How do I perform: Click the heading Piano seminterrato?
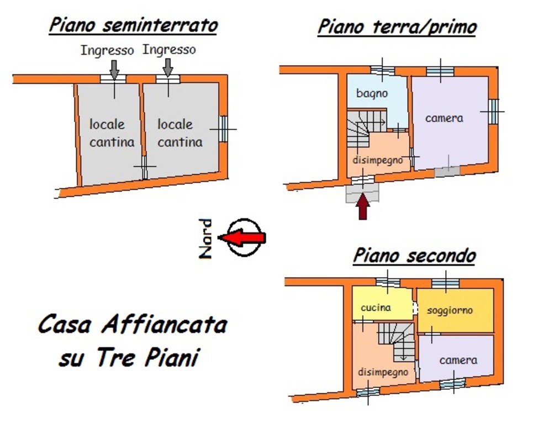click(x=133, y=26)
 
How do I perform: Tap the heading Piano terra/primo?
click(x=397, y=26)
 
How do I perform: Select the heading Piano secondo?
click(x=414, y=256)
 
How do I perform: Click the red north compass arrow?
click(x=242, y=237)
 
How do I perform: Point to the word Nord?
click(x=205, y=239)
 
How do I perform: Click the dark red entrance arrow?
click(x=363, y=206)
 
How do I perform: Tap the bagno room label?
click(x=372, y=93)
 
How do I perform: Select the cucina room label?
click(x=376, y=308)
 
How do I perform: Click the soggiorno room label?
click(x=450, y=310)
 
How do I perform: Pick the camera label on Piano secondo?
click(x=458, y=360)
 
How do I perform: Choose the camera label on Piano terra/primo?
click(x=444, y=118)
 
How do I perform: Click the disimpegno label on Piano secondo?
click(x=383, y=372)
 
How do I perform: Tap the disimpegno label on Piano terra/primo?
click(x=378, y=160)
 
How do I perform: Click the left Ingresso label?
click(x=107, y=50)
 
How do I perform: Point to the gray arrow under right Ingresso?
click(x=168, y=67)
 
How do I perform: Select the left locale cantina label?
click(x=112, y=133)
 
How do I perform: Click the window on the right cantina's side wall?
click(x=223, y=129)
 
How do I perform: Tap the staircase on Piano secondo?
click(x=397, y=341)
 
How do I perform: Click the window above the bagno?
click(x=382, y=71)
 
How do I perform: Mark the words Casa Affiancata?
click(x=133, y=325)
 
